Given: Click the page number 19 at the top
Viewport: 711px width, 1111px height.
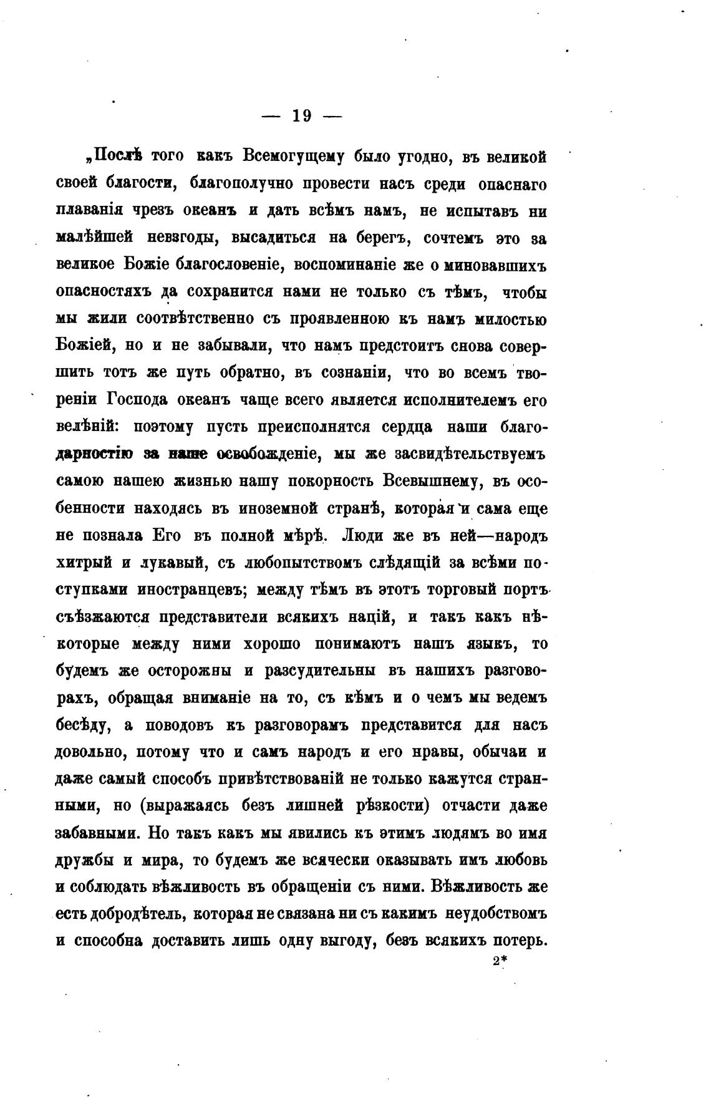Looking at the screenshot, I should click(302, 116).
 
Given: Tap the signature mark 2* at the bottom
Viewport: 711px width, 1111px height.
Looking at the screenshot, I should click(498, 961).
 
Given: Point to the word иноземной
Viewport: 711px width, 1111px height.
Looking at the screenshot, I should click(276, 508).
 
